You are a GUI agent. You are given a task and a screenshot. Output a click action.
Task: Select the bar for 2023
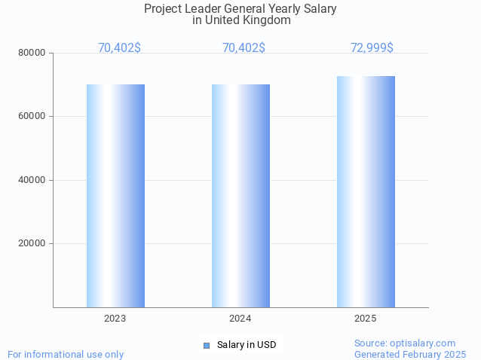pyautogui.click(x=115, y=196)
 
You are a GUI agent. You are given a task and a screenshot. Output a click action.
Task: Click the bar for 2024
pyautogui.click(x=240, y=196)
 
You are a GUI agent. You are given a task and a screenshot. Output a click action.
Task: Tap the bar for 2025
pyautogui.click(x=366, y=191)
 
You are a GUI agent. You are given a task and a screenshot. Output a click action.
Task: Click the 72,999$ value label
pyautogui.click(x=372, y=48)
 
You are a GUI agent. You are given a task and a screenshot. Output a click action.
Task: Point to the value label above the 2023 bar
pyautogui.click(x=119, y=48)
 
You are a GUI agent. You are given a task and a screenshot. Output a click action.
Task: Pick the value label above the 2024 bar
pyautogui.click(x=244, y=48)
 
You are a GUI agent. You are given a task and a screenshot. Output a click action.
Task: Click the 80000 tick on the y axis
pyautogui.click(x=32, y=53)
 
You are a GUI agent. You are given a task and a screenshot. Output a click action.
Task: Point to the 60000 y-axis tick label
pyautogui.click(x=32, y=117)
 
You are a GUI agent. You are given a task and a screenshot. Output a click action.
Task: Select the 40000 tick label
pyautogui.click(x=32, y=180)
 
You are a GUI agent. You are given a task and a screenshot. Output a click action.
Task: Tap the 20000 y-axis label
pyautogui.click(x=32, y=244)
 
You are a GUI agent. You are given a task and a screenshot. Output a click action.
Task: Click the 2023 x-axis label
pyautogui.click(x=115, y=319)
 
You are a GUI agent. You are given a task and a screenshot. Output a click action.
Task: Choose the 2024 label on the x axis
pyautogui.click(x=240, y=319)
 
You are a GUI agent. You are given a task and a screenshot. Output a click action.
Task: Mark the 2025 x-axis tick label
pyautogui.click(x=366, y=319)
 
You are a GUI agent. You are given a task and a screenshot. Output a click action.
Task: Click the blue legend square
pyautogui.click(x=206, y=345)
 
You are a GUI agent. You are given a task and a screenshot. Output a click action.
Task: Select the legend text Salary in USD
pyautogui.click(x=247, y=345)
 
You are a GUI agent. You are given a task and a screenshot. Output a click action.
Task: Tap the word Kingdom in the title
pyautogui.click(x=266, y=20)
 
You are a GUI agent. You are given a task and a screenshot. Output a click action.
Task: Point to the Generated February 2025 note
pyautogui.click(x=410, y=354)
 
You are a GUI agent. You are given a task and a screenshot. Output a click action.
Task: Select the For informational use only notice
pyautogui.click(x=66, y=354)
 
